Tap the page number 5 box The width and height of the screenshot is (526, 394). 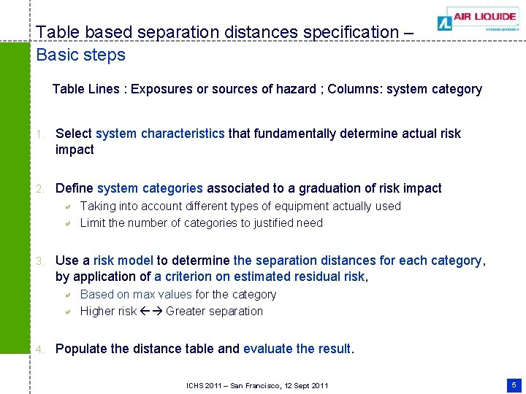tap(514, 384)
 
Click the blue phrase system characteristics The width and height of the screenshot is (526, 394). tap(160, 134)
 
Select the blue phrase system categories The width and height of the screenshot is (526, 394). tap(149, 188)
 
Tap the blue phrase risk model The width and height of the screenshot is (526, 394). tap(123, 260)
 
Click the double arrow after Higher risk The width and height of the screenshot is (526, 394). tap(151, 312)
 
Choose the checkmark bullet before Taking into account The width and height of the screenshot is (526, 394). tap(66, 206)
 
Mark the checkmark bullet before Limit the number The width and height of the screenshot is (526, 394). tap(66, 223)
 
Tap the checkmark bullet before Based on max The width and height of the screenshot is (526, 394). tap(66, 295)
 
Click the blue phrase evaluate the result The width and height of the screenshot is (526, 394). tap(298, 349)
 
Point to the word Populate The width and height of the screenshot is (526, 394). tap(81, 349)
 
